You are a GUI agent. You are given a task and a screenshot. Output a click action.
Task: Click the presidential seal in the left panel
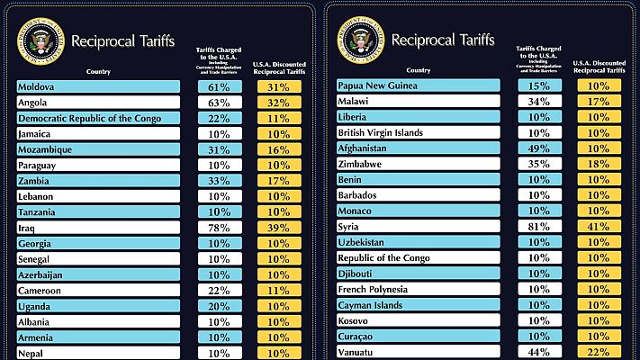(x=42, y=41)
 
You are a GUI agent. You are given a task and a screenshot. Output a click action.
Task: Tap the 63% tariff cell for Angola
(x=220, y=103)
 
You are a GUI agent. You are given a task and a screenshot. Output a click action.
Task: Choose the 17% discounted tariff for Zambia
(x=279, y=181)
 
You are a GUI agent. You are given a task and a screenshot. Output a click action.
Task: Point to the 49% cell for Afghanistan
(x=540, y=148)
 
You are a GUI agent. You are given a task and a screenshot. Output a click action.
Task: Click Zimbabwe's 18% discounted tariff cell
(x=599, y=164)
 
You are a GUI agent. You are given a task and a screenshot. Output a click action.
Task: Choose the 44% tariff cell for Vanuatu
(x=540, y=352)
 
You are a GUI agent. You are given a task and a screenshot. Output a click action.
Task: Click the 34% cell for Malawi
(x=540, y=102)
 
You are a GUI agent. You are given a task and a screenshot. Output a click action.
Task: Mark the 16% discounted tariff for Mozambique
(x=279, y=149)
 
